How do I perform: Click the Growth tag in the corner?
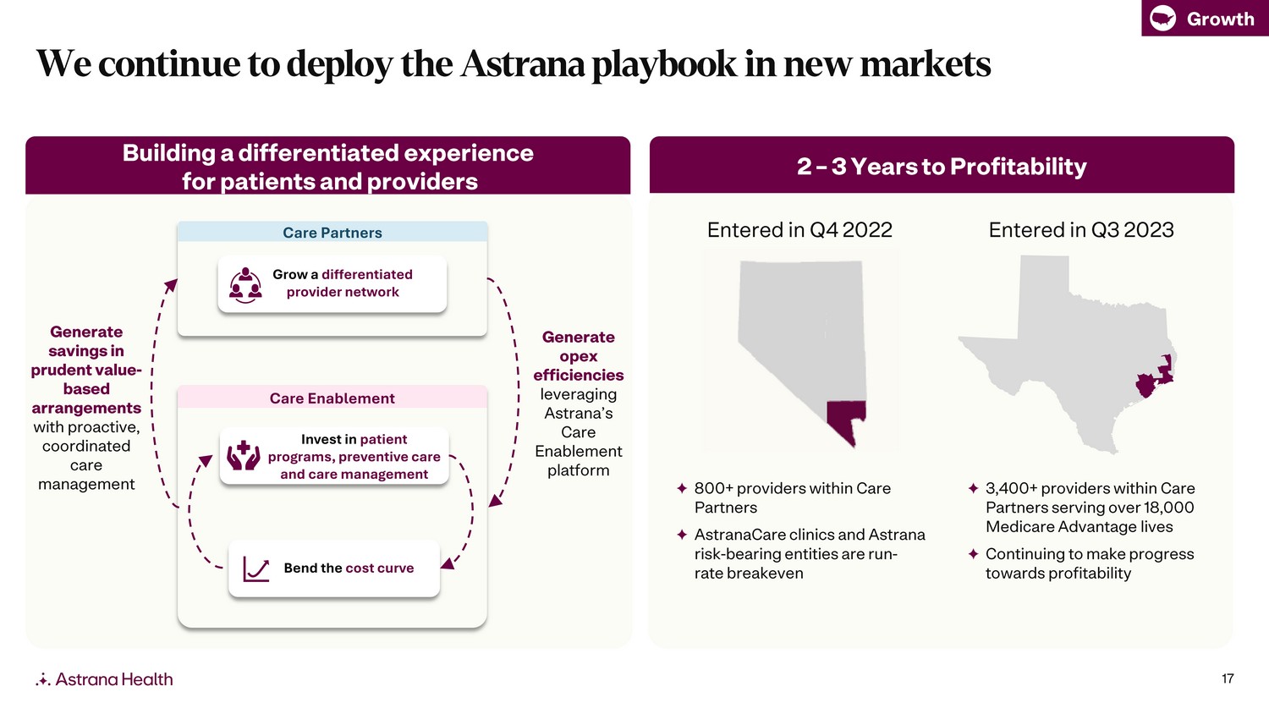click(x=1205, y=18)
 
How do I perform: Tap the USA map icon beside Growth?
click(x=1162, y=19)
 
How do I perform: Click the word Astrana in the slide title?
click(x=522, y=63)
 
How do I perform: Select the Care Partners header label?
click(x=332, y=233)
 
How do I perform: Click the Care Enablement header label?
click(x=332, y=398)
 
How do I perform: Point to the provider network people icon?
click(x=245, y=285)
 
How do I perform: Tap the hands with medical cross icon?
click(x=244, y=456)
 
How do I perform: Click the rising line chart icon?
click(x=256, y=569)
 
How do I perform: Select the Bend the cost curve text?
click(x=349, y=568)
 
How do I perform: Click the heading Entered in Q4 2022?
click(x=799, y=229)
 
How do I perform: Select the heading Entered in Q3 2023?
click(x=1081, y=229)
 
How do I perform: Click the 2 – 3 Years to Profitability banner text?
click(x=942, y=166)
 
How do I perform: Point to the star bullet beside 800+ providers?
click(x=682, y=488)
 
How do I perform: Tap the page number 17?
click(x=1228, y=678)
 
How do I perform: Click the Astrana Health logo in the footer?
click(x=104, y=678)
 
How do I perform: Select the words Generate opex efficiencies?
click(x=579, y=356)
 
